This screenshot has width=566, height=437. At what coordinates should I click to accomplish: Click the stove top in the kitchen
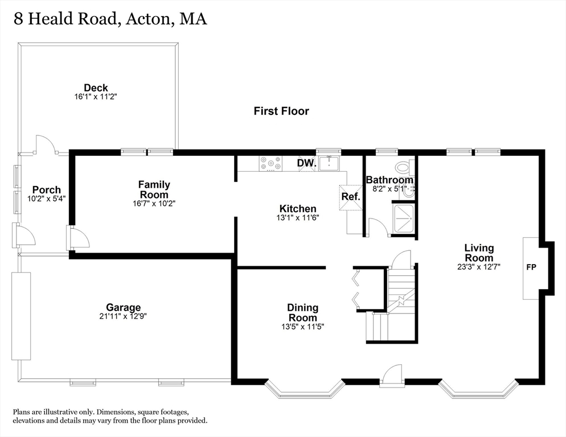(x=270, y=163)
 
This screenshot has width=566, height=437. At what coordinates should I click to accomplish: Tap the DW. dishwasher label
(x=306, y=163)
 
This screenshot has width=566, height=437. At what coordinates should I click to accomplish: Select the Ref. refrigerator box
(x=351, y=197)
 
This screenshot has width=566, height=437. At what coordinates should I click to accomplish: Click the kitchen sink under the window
(x=329, y=163)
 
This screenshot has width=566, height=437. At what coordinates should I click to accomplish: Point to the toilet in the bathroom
(x=404, y=167)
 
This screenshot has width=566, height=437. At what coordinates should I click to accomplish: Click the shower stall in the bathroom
(x=404, y=219)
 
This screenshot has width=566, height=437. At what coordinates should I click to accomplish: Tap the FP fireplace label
(x=531, y=267)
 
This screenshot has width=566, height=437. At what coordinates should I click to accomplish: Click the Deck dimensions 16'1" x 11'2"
(x=96, y=97)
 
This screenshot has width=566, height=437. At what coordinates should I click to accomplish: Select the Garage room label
(x=123, y=307)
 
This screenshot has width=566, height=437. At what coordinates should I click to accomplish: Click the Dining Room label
(x=302, y=312)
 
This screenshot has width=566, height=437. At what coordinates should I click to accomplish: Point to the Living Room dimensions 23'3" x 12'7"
(x=479, y=267)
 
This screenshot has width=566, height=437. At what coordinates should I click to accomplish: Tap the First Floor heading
(x=281, y=111)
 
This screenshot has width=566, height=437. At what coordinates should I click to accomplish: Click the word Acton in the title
(x=148, y=19)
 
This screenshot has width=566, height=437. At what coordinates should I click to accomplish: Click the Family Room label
(x=154, y=189)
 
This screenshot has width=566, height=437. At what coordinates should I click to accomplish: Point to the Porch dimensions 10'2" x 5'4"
(x=46, y=199)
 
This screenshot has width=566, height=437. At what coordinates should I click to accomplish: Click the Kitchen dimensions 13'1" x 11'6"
(x=298, y=217)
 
